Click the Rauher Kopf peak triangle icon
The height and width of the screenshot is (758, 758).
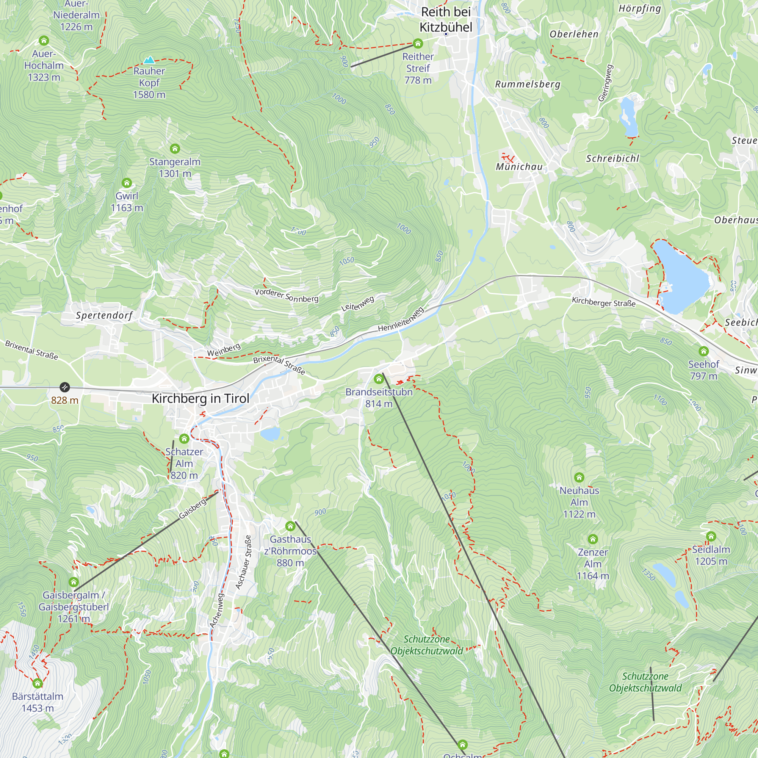click(149, 60)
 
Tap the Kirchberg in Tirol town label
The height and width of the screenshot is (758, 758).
click(200, 399)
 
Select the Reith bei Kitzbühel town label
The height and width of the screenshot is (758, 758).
click(446, 20)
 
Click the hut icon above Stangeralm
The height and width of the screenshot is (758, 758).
click(175, 149)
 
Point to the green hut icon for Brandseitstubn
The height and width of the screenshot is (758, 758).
click(379, 379)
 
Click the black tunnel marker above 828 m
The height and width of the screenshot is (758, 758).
click(65, 387)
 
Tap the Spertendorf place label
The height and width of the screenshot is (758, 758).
click(104, 315)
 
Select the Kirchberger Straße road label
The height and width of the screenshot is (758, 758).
click(603, 302)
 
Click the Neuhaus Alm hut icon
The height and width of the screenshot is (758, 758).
click(579, 478)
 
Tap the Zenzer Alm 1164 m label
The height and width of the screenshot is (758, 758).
click(592, 564)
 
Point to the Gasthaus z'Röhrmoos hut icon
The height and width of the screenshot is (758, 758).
click(290, 526)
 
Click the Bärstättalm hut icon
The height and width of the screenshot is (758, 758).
click(38, 683)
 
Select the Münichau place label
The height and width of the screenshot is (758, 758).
click(519, 167)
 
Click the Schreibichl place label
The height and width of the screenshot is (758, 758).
click(612, 158)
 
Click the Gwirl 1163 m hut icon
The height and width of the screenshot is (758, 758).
click(127, 183)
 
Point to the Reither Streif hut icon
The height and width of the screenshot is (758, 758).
click(418, 43)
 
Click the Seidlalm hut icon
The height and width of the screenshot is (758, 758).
click(711, 536)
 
